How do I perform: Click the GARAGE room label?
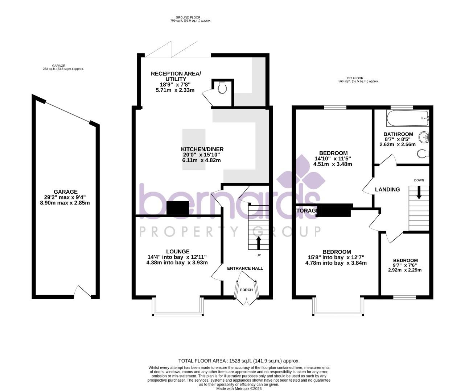tap(65, 192)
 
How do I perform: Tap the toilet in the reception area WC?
tap(222, 87)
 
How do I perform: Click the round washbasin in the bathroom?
tap(424, 138)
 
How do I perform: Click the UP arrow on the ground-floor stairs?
tap(258, 243)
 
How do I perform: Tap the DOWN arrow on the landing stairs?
tap(419, 192)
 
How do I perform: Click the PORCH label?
tap(246, 290)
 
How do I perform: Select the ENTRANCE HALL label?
tap(245, 268)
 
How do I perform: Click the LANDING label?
tap(387, 189)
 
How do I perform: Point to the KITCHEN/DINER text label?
tap(202, 149)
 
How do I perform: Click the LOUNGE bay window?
tap(177, 313)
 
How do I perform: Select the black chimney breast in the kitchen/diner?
tap(177, 208)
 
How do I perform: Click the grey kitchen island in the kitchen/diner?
tap(194, 149)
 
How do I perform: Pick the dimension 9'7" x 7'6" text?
tap(405, 265)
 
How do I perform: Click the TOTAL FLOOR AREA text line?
tap(239, 361)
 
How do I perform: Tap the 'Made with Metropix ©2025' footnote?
tap(239, 388)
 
